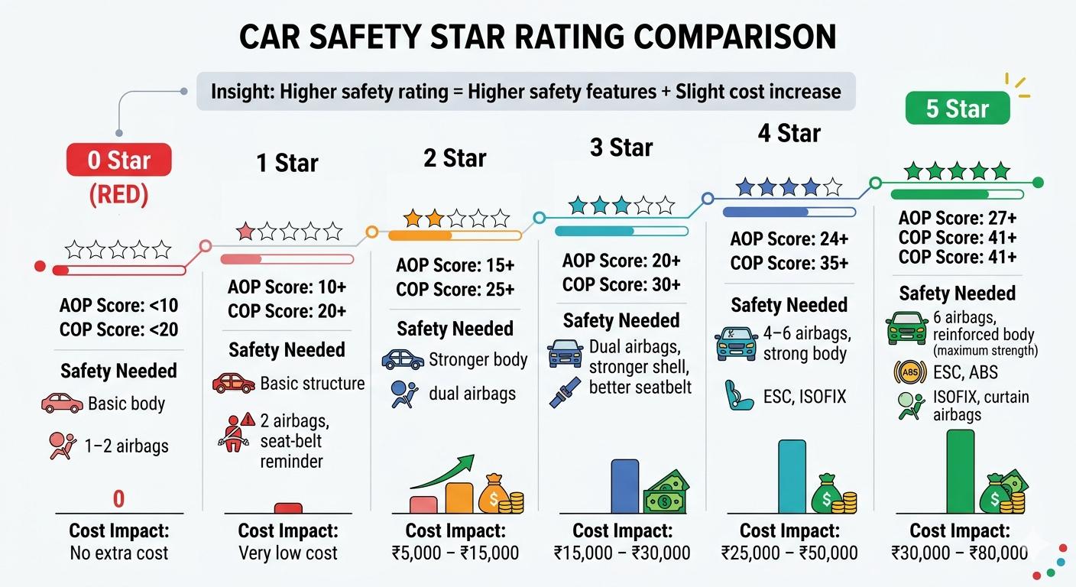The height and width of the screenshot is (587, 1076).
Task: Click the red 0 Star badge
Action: click(118, 161)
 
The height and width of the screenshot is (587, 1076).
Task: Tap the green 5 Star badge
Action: click(957, 109)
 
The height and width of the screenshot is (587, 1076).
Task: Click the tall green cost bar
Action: click(961, 471)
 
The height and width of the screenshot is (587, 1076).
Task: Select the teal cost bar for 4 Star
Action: click(792, 476)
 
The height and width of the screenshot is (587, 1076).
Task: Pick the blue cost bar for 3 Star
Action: click(624, 485)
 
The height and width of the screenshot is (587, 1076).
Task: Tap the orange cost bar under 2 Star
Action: click(459, 497)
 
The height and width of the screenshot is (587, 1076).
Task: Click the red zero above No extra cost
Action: click(118, 499)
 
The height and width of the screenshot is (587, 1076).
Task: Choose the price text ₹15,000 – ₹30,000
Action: click(622, 553)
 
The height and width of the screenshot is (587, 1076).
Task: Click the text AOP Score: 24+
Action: click(789, 239)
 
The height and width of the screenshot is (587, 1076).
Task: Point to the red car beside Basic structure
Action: click(233, 383)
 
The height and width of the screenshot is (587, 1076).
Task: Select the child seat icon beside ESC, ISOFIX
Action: click(738, 396)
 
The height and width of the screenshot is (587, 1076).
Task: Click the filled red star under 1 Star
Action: click(245, 232)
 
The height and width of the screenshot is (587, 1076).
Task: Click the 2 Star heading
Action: click(455, 158)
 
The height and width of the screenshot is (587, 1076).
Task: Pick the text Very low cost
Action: click(288, 553)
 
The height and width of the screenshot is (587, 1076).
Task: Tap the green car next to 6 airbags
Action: click(906, 328)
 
